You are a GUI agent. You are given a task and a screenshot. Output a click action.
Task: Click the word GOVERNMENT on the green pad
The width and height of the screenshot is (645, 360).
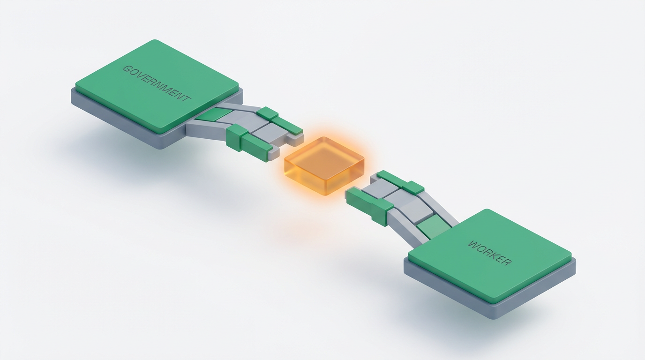click(157, 83)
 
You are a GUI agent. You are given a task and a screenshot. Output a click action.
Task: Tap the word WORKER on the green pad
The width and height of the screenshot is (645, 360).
click(489, 253)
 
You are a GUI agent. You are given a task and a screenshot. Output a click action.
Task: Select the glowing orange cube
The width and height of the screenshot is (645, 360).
click(324, 166)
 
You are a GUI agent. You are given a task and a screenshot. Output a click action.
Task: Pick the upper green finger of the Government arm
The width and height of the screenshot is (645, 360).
click(279, 121)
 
